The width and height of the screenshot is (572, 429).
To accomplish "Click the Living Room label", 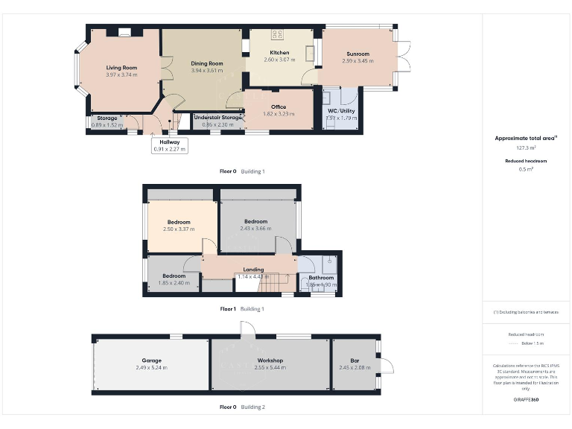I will [x=121, y=68].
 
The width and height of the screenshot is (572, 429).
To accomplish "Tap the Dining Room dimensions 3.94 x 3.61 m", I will [x=207, y=71].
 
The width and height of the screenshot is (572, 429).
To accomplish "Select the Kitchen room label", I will [x=279, y=53].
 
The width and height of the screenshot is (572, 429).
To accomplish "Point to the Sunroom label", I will [x=357, y=54].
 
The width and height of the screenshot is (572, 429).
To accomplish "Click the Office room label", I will [x=279, y=107].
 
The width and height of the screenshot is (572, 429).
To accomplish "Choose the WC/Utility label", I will [x=342, y=110].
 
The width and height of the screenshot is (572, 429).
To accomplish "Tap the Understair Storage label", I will [x=217, y=117].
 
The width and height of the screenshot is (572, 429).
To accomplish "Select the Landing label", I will [x=253, y=270].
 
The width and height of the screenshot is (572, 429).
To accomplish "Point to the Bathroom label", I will [x=321, y=278].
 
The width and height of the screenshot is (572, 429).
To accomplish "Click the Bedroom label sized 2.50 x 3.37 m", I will [x=179, y=222].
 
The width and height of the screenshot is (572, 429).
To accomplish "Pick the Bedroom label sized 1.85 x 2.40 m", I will [x=174, y=276].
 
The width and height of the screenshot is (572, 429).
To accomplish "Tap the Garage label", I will [x=151, y=360].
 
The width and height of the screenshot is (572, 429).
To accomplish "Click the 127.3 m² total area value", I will [x=526, y=147].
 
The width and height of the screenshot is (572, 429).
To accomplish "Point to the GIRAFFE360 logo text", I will [x=526, y=400].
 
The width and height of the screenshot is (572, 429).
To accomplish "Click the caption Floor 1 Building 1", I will [x=242, y=308].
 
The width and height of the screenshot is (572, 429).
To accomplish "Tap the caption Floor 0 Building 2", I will [x=242, y=407].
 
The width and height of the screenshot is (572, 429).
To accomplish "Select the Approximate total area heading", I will [x=526, y=138].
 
